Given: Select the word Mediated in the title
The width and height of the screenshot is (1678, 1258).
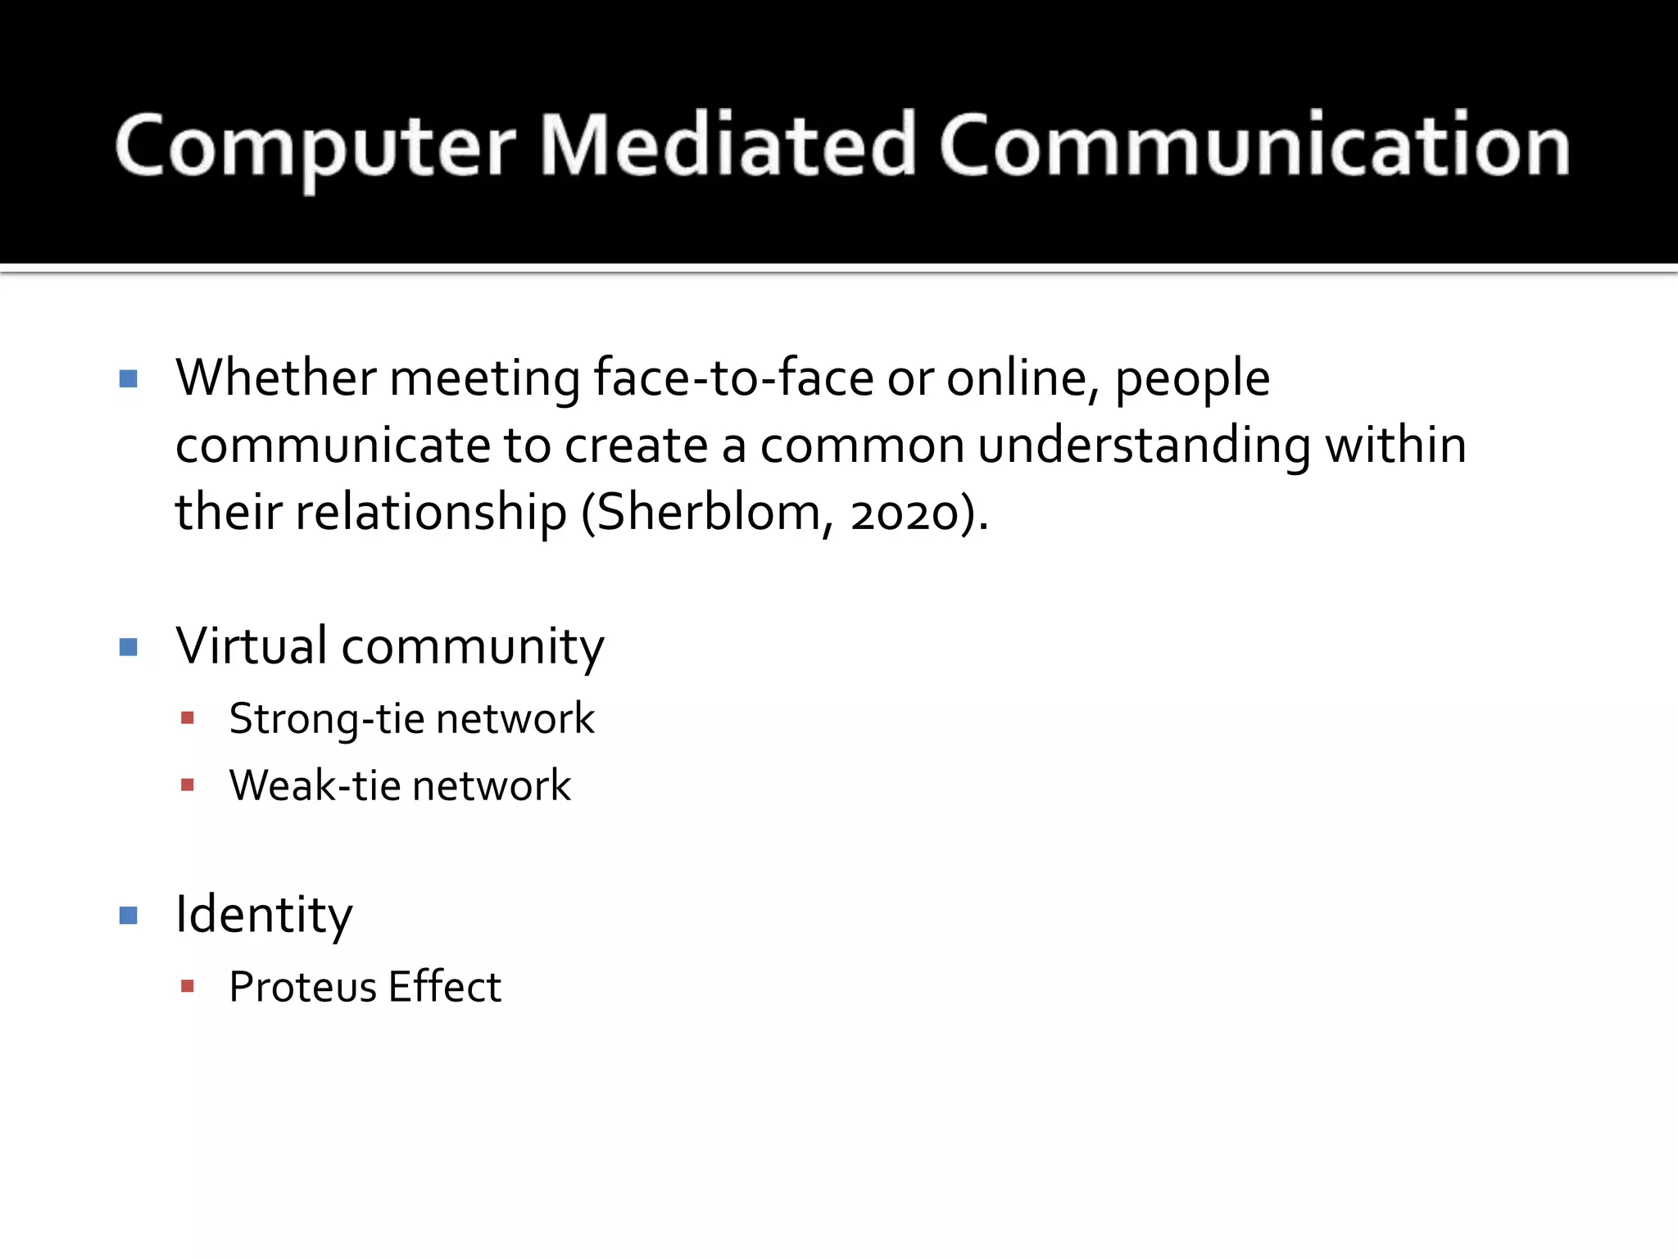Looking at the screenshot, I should (x=728, y=146).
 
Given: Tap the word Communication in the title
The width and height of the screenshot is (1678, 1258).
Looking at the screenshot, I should (x=1254, y=146).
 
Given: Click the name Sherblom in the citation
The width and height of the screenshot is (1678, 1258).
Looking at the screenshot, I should (x=708, y=513).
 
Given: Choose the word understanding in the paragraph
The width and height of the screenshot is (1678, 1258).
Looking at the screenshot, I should (x=1144, y=446).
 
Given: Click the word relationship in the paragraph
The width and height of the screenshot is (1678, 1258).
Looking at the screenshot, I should (x=431, y=513).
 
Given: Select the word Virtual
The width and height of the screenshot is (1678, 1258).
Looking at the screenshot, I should (x=252, y=645).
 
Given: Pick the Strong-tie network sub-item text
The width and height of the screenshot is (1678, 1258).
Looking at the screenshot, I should (x=411, y=719).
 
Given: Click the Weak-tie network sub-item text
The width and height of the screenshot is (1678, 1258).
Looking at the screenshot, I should (x=400, y=785).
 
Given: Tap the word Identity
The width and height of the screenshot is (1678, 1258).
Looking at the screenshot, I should (x=264, y=915).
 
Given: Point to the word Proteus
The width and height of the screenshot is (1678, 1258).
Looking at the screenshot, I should (x=302, y=987).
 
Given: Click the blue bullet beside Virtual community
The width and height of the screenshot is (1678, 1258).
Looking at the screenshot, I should (x=129, y=648).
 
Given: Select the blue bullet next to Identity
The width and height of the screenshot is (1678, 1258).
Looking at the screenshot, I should (x=129, y=915).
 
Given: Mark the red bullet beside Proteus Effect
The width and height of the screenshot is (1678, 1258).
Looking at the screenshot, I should (x=188, y=986).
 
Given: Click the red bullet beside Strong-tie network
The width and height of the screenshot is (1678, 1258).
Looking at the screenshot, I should (x=188, y=718).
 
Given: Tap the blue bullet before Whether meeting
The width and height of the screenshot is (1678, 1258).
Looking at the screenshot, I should (x=129, y=378).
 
